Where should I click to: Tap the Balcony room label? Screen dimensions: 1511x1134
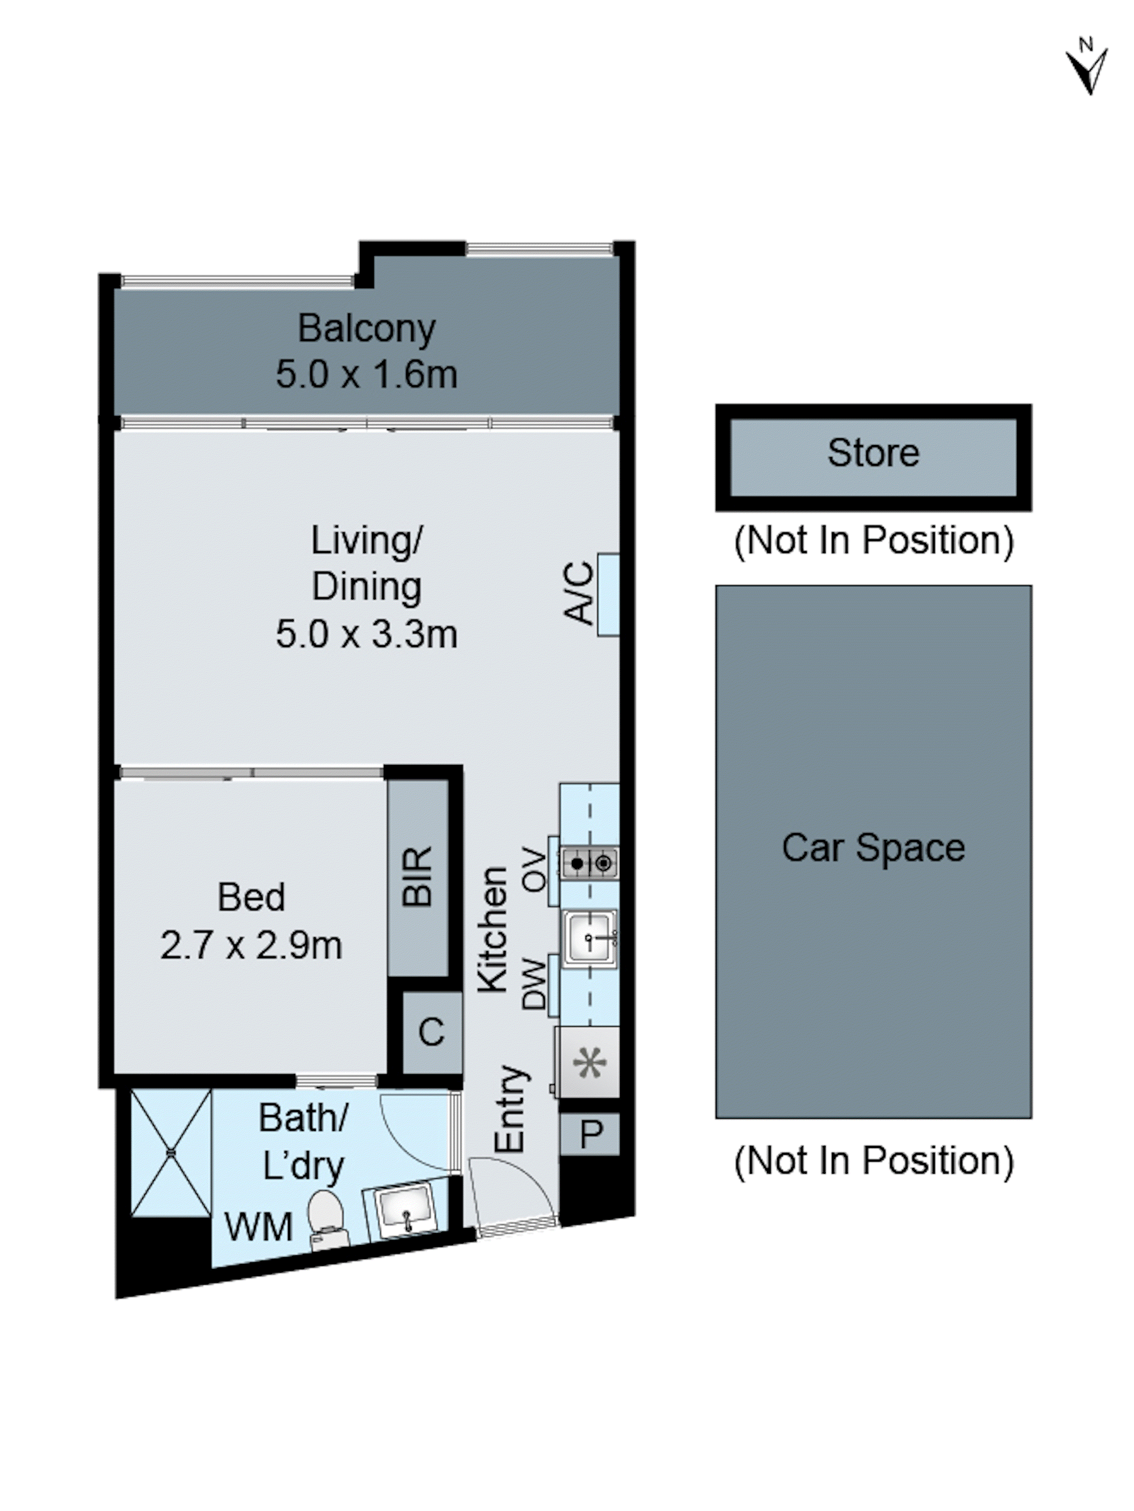pos(366,329)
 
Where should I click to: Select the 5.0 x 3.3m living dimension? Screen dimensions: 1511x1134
pos(366,634)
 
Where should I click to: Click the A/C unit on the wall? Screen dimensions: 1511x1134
pos(608,594)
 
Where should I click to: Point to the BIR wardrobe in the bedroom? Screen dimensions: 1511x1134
pos(418,878)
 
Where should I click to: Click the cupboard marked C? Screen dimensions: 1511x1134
pos(431,1032)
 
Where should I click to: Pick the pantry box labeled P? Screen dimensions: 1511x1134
pos(590,1135)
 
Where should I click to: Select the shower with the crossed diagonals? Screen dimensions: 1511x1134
pos(171,1153)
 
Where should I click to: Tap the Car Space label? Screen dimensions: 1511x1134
pos(873,848)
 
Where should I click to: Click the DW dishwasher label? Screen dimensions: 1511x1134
pos(534,984)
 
